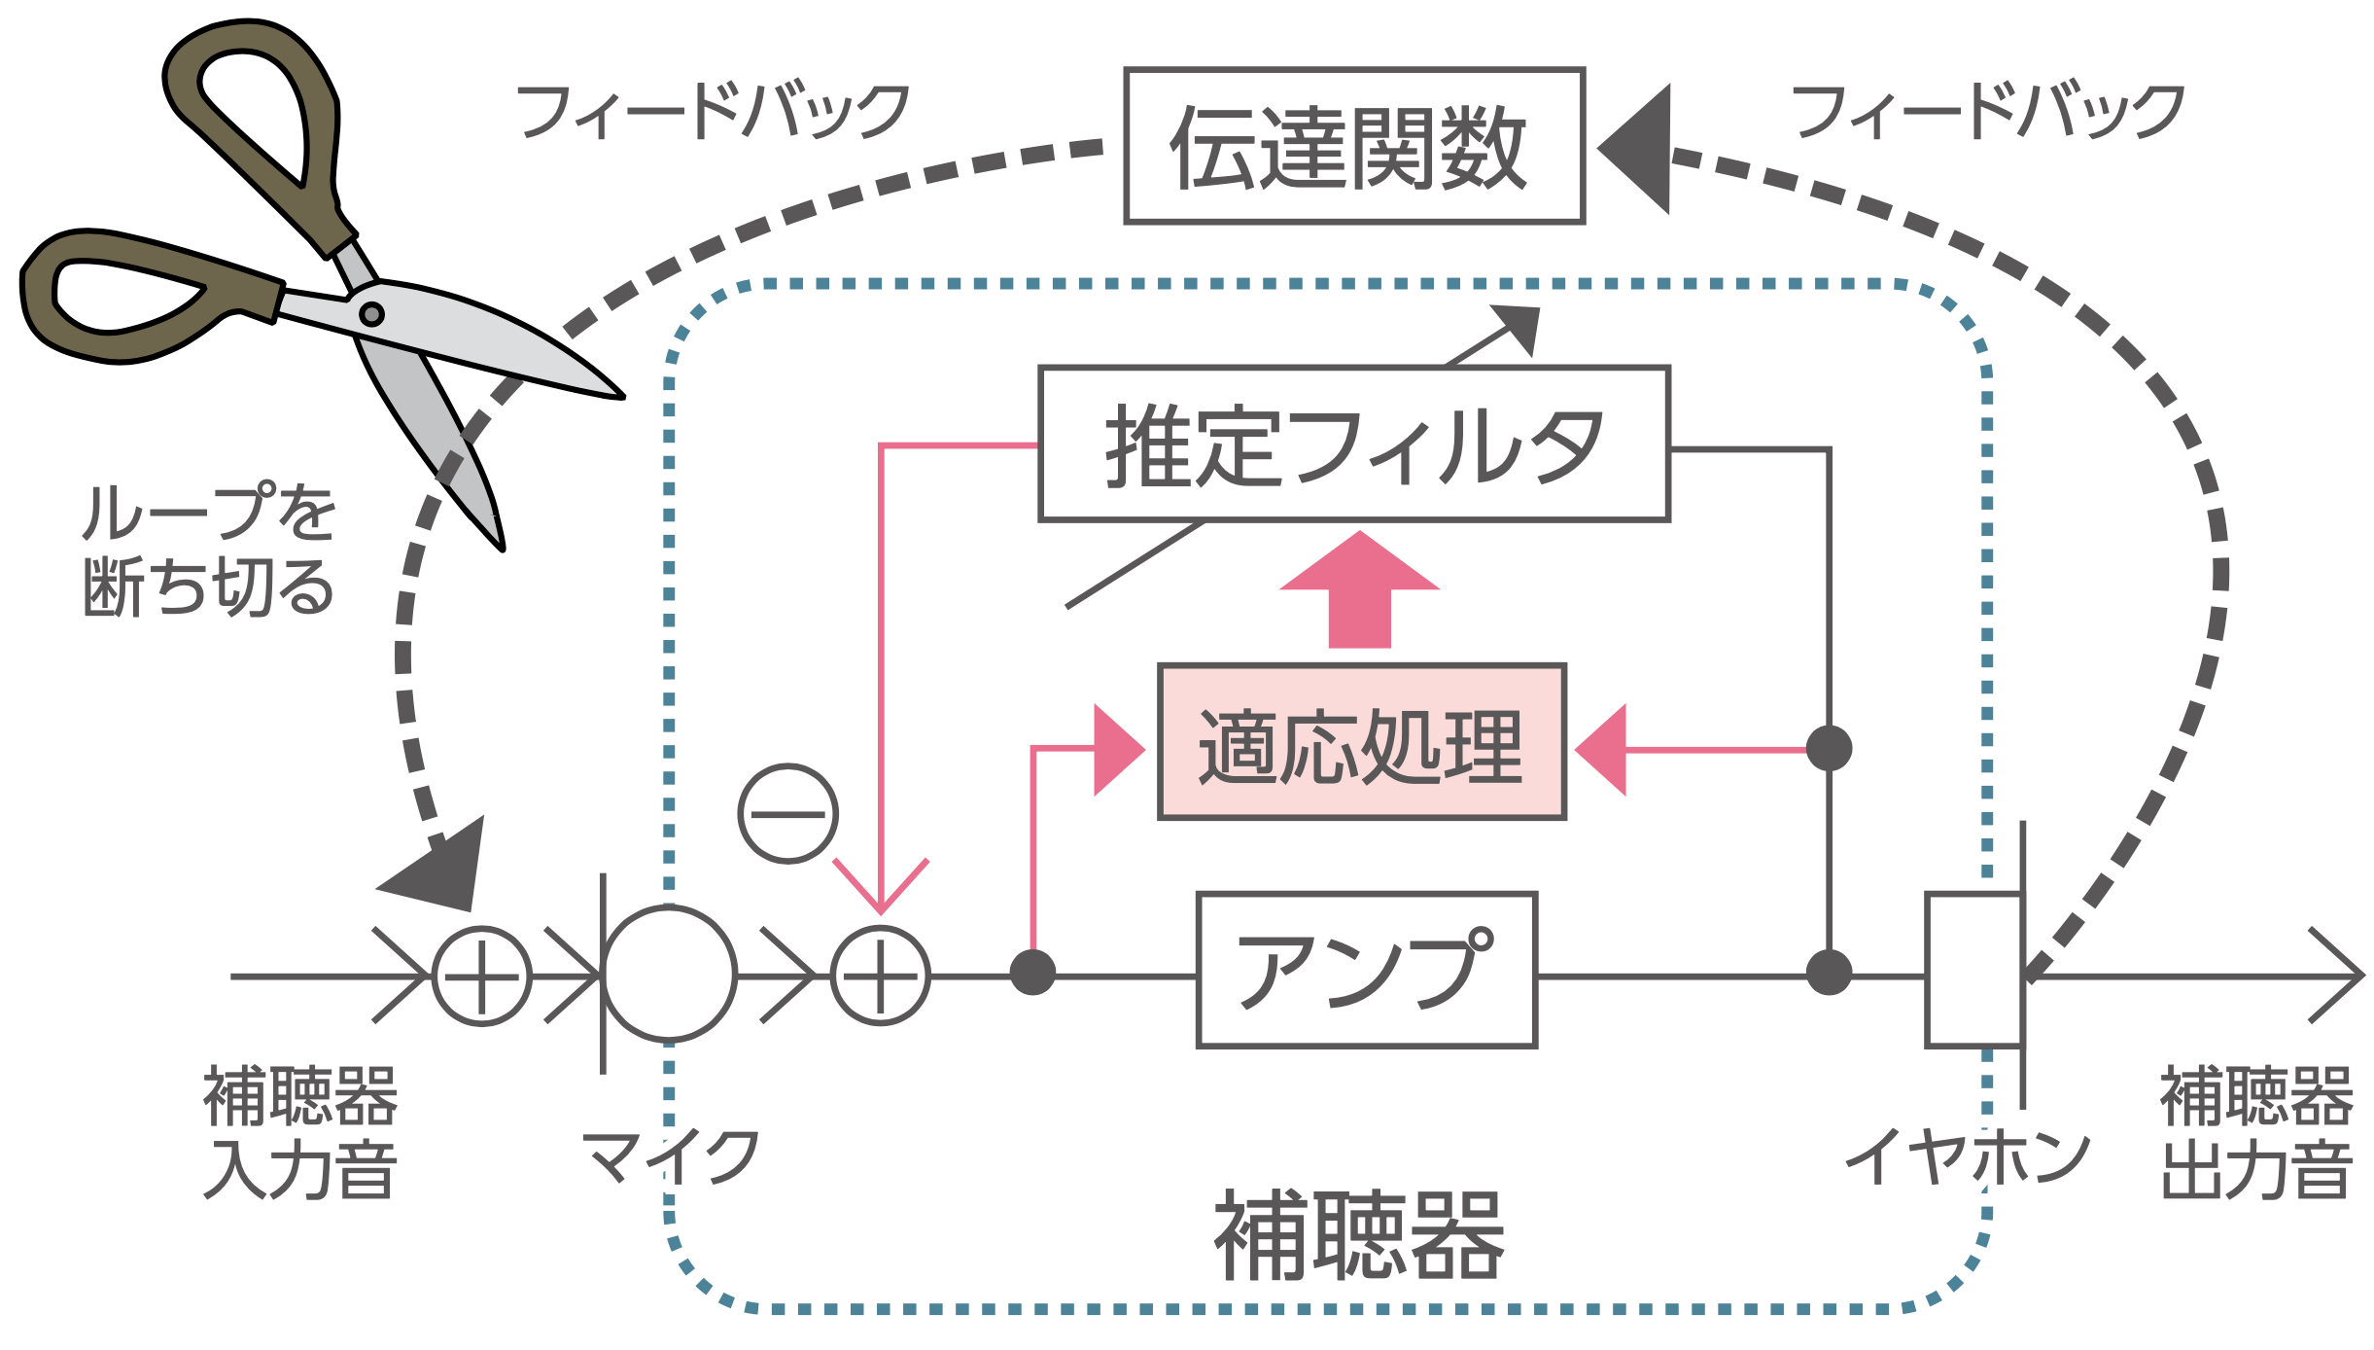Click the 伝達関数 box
coord(1354,146)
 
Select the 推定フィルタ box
coord(1354,444)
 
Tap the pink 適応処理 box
coord(1361,743)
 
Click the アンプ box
coord(1366,970)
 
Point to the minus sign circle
coord(787,813)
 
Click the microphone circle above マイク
coord(669,974)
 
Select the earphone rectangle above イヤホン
coord(1973,970)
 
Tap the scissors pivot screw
coord(371,314)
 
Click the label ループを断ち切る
coord(208,550)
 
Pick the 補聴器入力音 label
coord(299,1132)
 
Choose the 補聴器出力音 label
coord(2255,1132)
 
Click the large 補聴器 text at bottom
coord(1359,1236)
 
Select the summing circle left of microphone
coord(481,976)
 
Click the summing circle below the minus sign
coord(880,976)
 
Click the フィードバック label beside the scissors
coord(713,110)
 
